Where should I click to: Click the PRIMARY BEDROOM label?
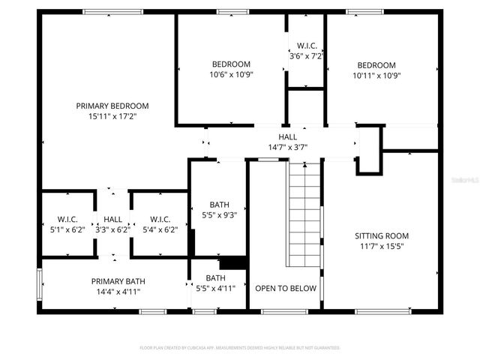point(112,106)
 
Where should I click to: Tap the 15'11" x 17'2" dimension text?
point(112,116)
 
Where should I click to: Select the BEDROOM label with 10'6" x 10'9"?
point(230,64)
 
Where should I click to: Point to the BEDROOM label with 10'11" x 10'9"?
point(376,65)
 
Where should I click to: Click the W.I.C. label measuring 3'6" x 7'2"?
point(306,46)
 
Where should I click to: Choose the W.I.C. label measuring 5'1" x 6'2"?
point(67,220)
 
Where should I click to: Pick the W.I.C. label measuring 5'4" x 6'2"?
point(159,220)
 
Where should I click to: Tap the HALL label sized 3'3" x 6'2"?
point(113,220)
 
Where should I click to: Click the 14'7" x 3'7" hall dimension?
point(287,148)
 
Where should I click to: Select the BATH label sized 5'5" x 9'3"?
point(219,205)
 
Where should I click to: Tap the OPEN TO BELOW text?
point(286,288)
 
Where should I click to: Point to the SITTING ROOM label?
point(382,235)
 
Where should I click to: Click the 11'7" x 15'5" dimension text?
point(382,246)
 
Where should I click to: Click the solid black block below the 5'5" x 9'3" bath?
point(233,262)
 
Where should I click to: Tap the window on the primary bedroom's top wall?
point(112,11)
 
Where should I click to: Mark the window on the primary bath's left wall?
point(39,284)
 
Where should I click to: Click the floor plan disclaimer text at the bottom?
point(240,348)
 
